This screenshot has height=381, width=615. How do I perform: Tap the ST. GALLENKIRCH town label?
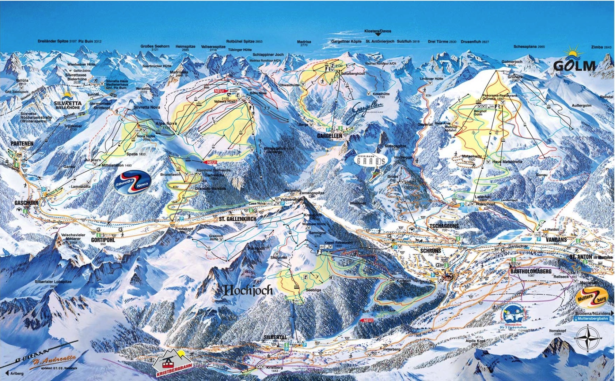238,219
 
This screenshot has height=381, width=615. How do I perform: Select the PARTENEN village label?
22,143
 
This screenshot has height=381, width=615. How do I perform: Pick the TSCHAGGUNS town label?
444,226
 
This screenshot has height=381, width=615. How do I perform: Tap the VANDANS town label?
556,240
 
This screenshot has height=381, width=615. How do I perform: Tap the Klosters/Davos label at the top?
377,31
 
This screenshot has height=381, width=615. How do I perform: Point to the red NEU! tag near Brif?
367,320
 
